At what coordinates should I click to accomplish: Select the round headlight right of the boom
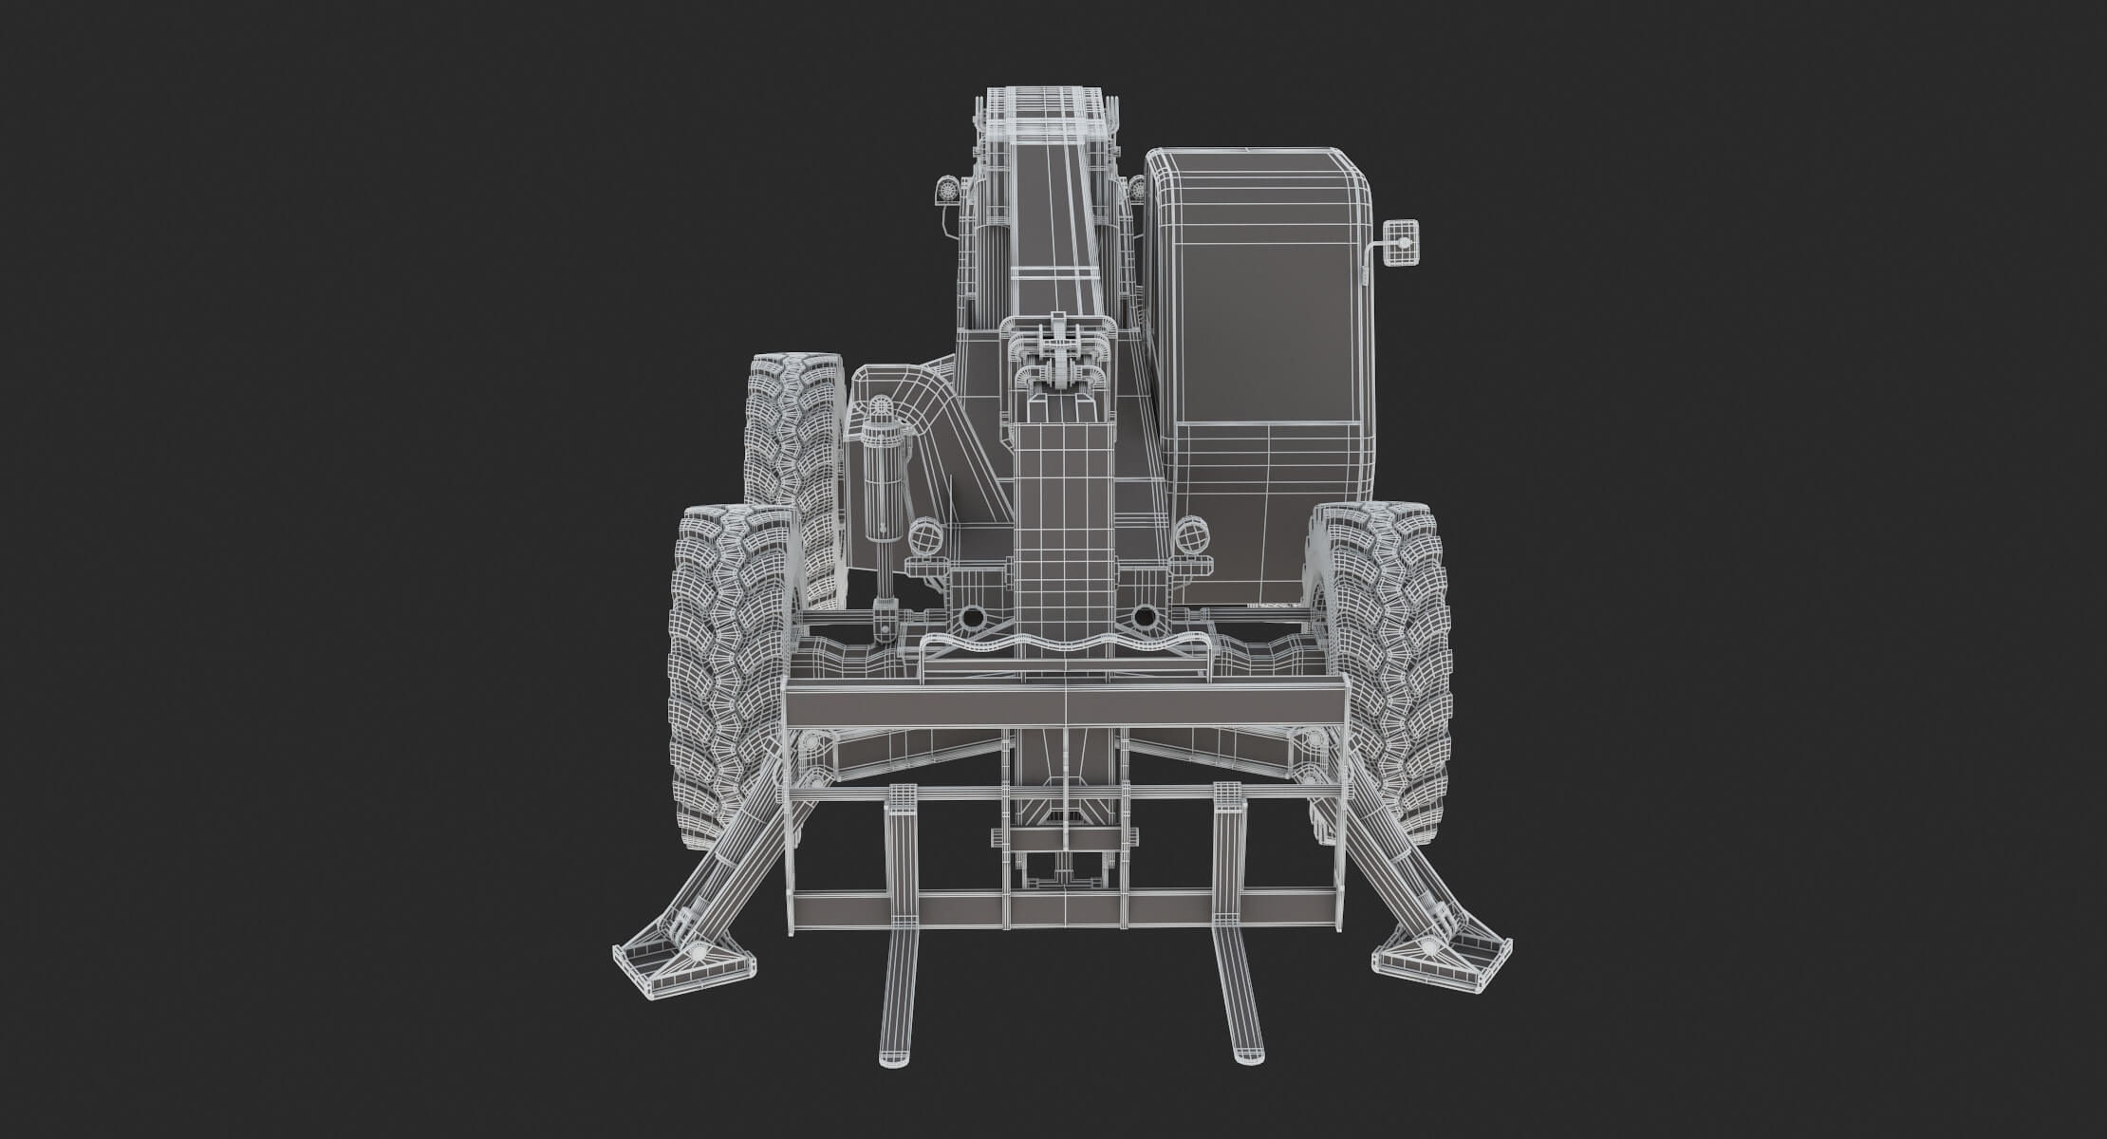(1189, 536)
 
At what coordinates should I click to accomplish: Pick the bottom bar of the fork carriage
(1065, 908)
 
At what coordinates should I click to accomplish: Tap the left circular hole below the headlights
(972, 618)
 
